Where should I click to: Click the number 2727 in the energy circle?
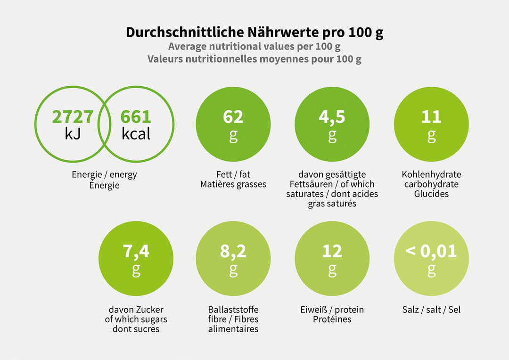(73, 117)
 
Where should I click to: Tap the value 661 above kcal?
(136, 117)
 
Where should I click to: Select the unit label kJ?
(73, 134)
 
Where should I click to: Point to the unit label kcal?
(136, 134)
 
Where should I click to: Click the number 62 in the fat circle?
(233, 117)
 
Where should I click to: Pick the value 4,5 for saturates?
(332, 117)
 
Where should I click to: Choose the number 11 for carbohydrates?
(431, 117)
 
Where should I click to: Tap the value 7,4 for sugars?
(136, 252)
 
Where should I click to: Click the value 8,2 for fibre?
(233, 252)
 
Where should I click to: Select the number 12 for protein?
(332, 251)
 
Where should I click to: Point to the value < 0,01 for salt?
(431, 251)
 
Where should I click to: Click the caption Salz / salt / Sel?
(431, 310)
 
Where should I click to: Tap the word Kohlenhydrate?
(431, 174)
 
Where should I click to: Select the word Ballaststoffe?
(233, 310)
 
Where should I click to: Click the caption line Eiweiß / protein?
(332, 310)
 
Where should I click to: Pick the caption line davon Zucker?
(136, 310)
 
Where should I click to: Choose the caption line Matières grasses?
(233, 184)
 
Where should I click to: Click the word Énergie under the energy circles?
(104, 185)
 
